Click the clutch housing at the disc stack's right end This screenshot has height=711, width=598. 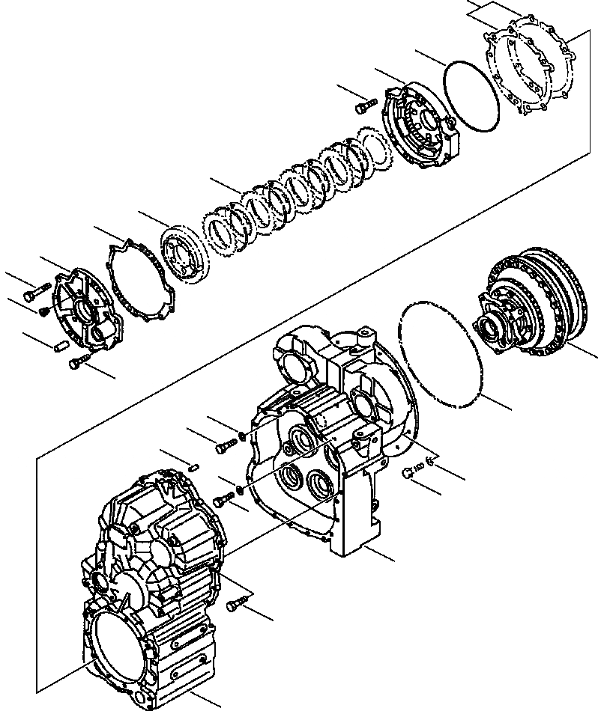click(x=420, y=123)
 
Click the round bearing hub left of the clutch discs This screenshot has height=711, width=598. click(x=183, y=254)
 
